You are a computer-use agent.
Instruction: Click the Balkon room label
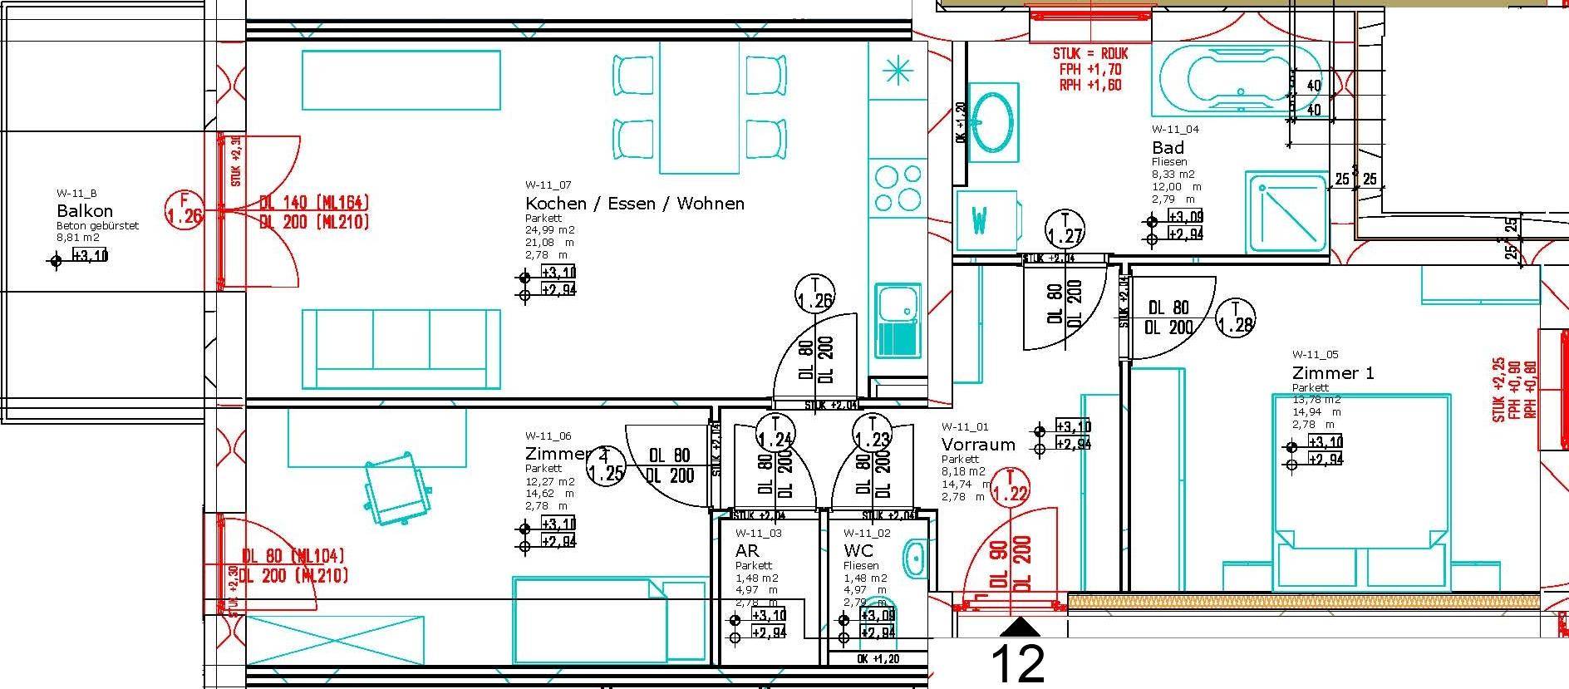(84, 210)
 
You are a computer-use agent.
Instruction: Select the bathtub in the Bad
(1236, 79)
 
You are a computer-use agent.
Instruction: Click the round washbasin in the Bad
(992, 121)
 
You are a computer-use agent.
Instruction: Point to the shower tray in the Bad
(1286, 213)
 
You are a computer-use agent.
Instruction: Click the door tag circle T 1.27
(1065, 228)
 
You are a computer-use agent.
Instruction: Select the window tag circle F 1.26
(184, 209)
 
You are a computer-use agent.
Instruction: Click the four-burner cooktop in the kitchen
(898, 189)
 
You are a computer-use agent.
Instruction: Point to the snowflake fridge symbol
(898, 72)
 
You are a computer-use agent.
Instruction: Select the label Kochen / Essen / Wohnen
(634, 204)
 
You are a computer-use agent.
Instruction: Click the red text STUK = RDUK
(1089, 53)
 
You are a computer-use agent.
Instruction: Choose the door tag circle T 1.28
(1236, 317)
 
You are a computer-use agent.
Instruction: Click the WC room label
(858, 550)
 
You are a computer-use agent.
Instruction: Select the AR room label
(746, 550)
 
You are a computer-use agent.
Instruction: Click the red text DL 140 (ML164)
(313, 202)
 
